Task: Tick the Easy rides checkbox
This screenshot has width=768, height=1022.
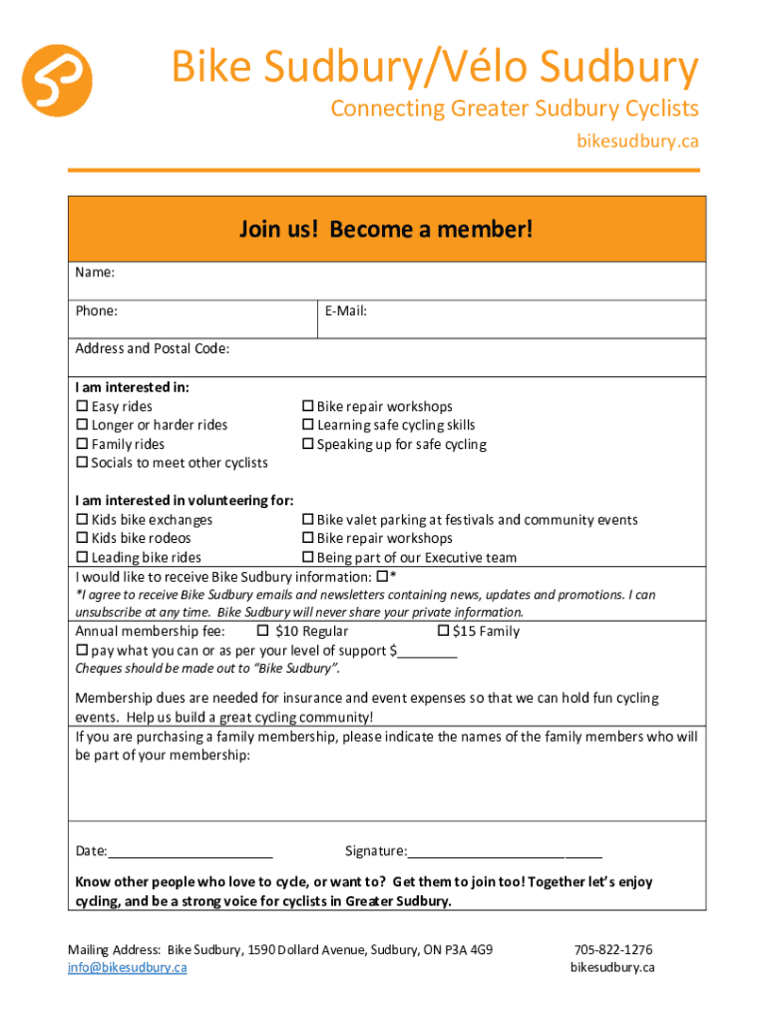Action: tap(82, 406)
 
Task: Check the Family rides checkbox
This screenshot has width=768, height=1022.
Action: tap(82, 444)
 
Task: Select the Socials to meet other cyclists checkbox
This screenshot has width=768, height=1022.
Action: tap(82, 463)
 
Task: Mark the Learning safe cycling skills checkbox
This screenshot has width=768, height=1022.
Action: tap(308, 425)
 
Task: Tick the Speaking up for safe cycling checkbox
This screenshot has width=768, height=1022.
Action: tap(308, 444)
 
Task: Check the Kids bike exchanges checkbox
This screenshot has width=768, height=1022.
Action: tap(82, 520)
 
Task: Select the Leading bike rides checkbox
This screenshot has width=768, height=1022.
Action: tap(82, 558)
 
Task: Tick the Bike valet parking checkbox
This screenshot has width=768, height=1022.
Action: tap(308, 520)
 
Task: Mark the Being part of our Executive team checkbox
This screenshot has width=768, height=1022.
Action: tap(308, 558)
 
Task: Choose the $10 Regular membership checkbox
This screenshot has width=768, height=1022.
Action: tap(263, 631)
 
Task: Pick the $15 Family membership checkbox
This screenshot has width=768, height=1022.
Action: tap(443, 631)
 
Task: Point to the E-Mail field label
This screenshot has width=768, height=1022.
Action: tap(345, 310)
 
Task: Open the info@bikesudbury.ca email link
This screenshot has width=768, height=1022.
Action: tap(127, 967)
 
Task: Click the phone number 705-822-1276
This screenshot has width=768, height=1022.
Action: tap(612, 949)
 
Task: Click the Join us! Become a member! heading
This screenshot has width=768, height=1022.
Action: tap(386, 230)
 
